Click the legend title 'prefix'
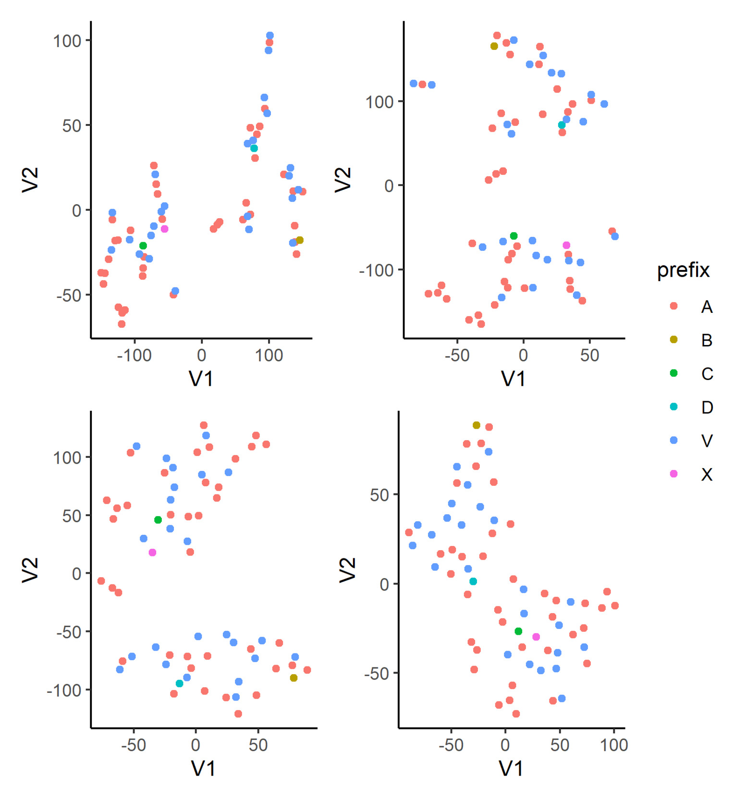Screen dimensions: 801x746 683,271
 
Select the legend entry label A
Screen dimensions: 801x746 706,307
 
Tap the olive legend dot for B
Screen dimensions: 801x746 673,340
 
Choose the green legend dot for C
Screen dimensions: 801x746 673,373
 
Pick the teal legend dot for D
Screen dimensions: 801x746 673,407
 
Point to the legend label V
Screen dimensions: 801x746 706,441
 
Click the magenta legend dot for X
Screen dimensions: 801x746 673,474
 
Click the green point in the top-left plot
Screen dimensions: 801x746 143,246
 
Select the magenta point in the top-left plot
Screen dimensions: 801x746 164,229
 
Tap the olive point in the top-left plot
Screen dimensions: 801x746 300,240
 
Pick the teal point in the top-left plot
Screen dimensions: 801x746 254,148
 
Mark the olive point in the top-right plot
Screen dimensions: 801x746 494,46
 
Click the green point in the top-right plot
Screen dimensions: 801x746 514,236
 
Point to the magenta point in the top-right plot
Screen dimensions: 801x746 566,246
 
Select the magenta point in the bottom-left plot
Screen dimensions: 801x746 152,553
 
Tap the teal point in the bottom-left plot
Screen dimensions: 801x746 179,684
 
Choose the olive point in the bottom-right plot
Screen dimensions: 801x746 477,425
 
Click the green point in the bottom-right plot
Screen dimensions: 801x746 518,631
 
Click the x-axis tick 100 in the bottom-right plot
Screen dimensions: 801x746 614,745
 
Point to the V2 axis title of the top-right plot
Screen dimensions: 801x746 343,180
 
